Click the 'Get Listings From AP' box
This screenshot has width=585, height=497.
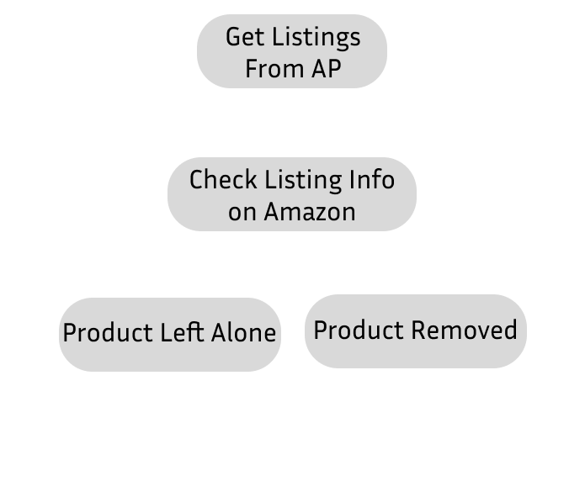(x=292, y=51)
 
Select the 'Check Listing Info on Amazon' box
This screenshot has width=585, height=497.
(x=291, y=195)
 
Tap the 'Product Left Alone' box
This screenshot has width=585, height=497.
(x=169, y=333)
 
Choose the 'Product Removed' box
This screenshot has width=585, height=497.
(x=415, y=330)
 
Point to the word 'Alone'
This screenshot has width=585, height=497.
(x=242, y=333)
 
